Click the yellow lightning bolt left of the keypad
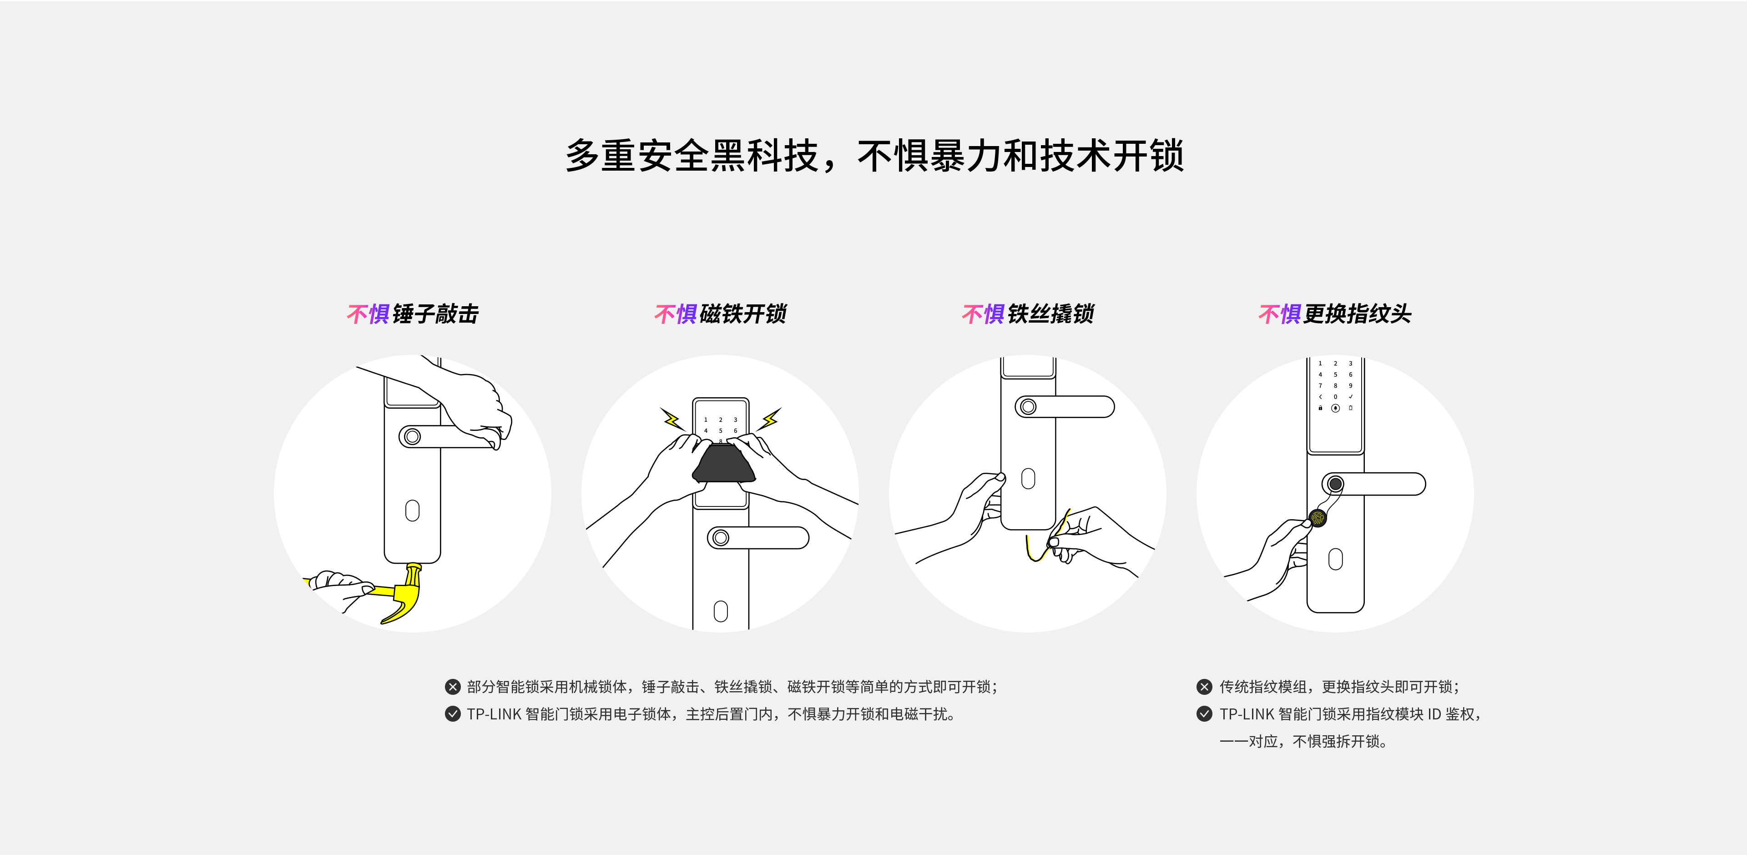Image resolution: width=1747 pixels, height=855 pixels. click(x=672, y=419)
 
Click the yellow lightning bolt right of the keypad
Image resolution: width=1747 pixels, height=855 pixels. click(x=770, y=419)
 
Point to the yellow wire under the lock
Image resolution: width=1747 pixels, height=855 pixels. click(x=1045, y=540)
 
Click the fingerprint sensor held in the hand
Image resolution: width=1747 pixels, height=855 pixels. click(x=1317, y=518)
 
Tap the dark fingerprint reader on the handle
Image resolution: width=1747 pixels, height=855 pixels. click(x=1335, y=484)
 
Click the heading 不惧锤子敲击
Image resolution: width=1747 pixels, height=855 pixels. click(x=412, y=314)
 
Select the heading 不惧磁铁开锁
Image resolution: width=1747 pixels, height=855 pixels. click(x=720, y=314)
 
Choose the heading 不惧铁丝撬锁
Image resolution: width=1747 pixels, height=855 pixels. click(x=1028, y=314)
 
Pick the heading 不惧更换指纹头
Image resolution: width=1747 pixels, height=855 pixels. click(x=1335, y=314)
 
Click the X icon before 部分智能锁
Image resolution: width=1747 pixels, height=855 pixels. click(x=452, y=687)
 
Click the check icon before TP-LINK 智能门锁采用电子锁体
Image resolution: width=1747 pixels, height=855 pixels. click(x=452, y=714)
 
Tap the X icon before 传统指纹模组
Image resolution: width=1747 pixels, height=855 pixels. click(x=1204, y=687)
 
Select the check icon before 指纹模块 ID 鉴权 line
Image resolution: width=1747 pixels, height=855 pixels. click(x=1204, y=714)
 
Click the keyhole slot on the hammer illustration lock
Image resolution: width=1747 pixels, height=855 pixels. click(x=412, y=510)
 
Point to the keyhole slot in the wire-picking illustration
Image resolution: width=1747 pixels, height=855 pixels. click(x=1028, y=478)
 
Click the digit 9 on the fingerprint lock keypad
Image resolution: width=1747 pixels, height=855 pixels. click(x=1350, y=385)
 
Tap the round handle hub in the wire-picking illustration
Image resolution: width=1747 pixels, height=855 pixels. click(x=1028, y=406)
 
